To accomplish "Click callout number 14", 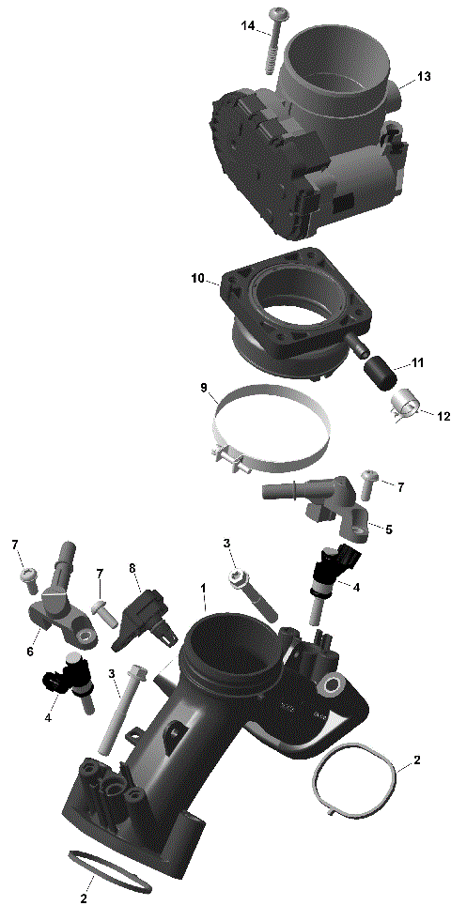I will tap(248, 26).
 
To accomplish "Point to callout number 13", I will tap(424, 77).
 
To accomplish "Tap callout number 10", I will tap(197, 279).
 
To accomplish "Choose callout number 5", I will tap(389, 529).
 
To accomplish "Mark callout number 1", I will tap(202, 590).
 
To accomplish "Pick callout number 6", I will tap(31, 652).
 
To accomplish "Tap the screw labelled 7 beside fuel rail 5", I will tap(367, 482).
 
